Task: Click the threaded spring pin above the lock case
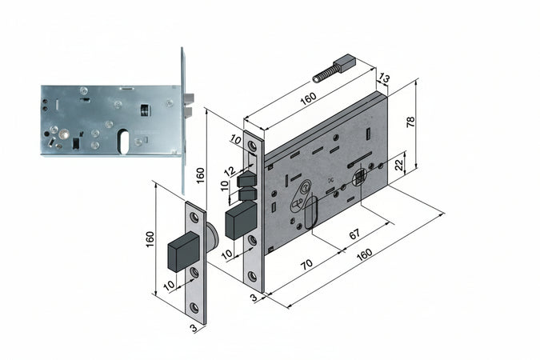(330, 67)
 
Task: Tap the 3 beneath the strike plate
(193, 328)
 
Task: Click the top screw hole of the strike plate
(194, 217)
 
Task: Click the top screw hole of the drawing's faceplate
(254, 146)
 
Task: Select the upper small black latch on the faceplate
(246, 177)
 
